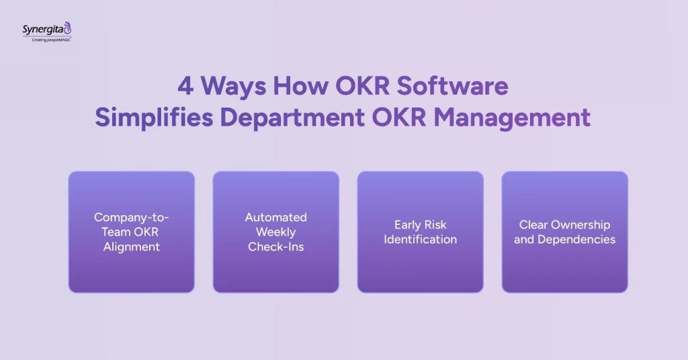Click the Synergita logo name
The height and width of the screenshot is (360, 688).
pos(44,29)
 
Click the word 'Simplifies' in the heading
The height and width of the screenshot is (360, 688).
pos(154,117)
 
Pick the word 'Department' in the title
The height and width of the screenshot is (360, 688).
pos(291,117)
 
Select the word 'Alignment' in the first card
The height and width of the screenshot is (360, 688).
pos(132,246)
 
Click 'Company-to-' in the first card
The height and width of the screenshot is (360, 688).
pos(132,217)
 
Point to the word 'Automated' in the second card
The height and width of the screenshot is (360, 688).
pos(275,217)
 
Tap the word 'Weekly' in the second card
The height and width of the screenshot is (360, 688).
pos(275,232)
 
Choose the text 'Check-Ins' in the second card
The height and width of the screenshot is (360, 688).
pos(275,246)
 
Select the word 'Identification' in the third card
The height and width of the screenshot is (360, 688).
pos(421,239)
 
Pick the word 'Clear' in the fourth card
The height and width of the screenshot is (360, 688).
pos(533,224)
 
